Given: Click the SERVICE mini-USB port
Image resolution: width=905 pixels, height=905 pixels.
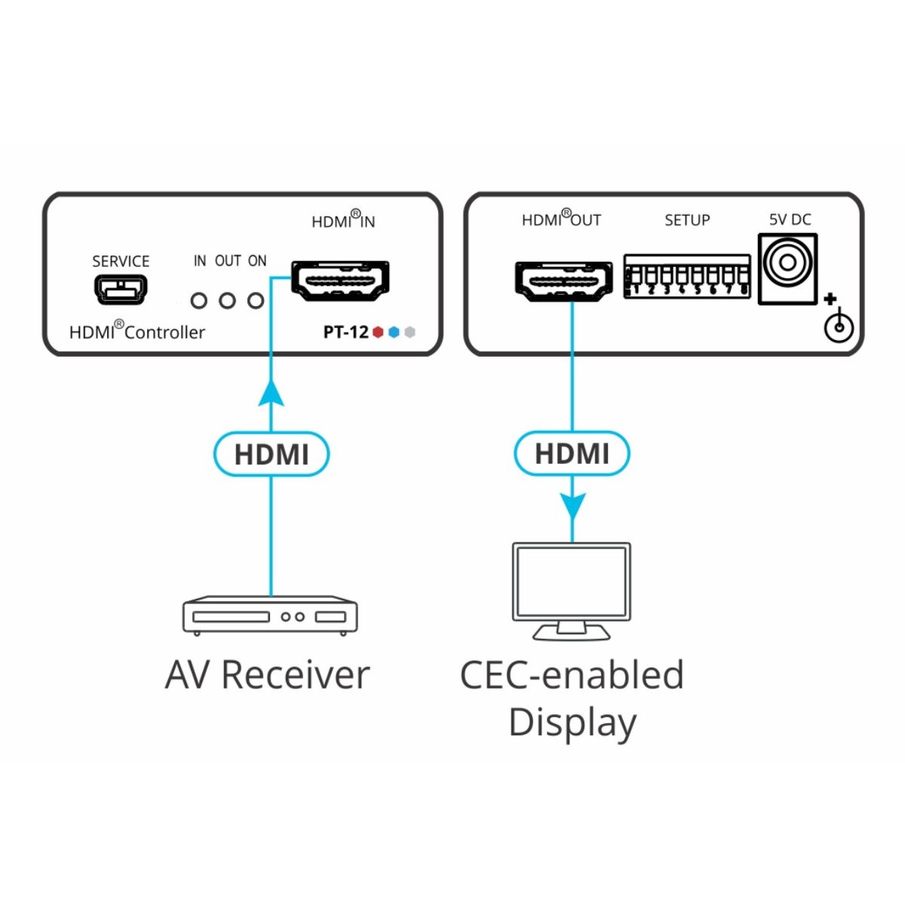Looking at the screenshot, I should (x=121, y=289).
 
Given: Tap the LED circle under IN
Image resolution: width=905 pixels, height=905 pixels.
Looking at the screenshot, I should (x=199, y=301).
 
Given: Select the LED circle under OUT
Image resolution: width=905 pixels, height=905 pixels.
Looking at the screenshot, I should (x=228, y=301).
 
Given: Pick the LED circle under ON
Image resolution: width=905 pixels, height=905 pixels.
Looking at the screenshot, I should (x=256, y=301).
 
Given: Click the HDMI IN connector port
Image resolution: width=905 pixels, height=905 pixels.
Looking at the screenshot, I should (x=341, y=280).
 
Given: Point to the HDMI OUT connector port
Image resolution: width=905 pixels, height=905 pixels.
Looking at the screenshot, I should (x=563, y=280).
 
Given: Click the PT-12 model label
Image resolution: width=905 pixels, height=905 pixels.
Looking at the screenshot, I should (x=345, y=332).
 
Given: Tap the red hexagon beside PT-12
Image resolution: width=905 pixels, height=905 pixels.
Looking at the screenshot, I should (x=379, y=332).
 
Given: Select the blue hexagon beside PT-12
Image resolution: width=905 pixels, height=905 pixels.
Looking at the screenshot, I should (x=394, y=332).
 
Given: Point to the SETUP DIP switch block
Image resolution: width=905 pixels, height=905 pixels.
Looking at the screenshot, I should (x=687, y=277).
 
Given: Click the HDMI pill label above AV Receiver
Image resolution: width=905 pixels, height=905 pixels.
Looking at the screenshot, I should (x=271, y=455).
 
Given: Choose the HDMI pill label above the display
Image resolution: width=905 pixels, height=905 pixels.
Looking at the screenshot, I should (x=572, y=454).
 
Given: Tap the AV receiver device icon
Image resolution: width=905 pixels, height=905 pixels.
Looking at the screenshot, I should (x=270, y=616).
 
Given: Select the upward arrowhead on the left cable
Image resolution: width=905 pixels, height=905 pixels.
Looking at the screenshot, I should (x=271, y=394).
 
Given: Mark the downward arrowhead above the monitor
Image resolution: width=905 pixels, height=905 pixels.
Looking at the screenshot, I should (x=572, y=506).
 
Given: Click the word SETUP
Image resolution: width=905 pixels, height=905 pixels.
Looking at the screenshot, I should (x=687, y=220).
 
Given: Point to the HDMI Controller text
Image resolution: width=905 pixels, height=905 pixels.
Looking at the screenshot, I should (x=137, y=331).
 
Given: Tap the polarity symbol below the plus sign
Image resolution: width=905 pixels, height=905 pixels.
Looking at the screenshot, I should (x=839, y=327).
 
